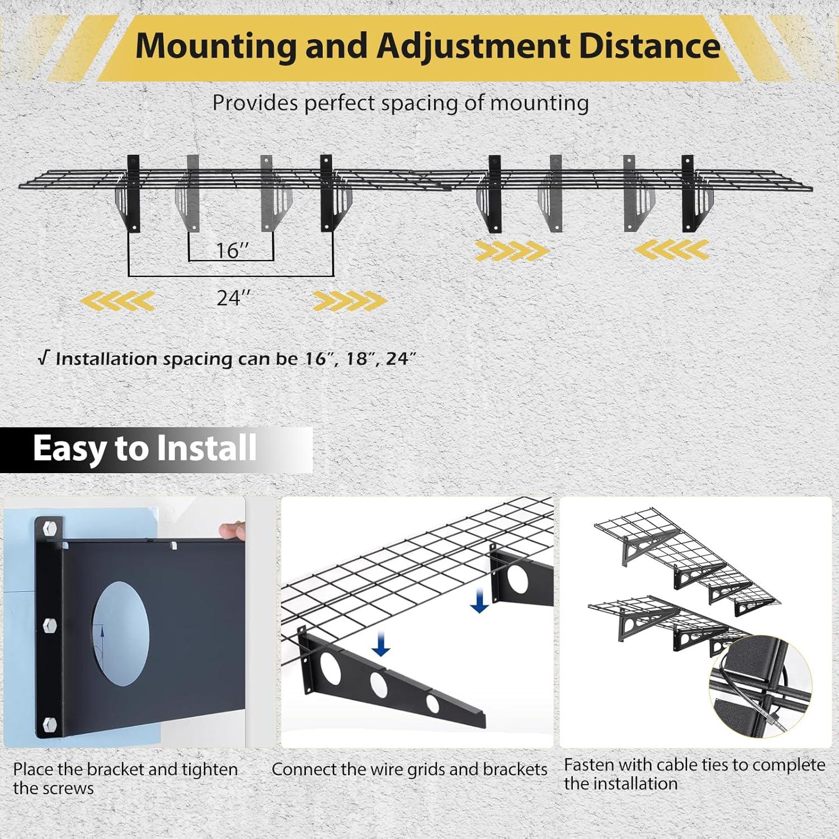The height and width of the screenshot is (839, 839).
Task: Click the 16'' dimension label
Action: click(x=232, y=251)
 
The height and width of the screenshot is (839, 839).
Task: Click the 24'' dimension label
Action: click(x=233, y=298)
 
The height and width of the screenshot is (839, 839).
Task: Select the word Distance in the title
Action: click(x=649, y=46)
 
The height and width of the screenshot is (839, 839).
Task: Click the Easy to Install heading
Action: click(x=144, y=449)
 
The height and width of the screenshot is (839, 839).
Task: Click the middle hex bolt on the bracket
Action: click(x=50, y=625)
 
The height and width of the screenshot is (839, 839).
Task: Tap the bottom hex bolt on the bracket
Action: click(x=50, y=724)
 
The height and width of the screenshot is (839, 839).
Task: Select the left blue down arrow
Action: click(x=381, y=644)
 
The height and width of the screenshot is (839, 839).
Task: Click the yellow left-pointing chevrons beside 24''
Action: click(x=118, y=301)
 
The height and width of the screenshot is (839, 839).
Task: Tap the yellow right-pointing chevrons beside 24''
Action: click(x=349, y=301)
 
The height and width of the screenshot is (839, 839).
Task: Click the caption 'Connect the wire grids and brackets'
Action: click(x=409, y=770)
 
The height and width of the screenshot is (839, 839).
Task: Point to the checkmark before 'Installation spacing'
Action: click(x=44, y=358)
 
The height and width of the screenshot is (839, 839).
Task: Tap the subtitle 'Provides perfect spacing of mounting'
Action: click(x=400, y=103)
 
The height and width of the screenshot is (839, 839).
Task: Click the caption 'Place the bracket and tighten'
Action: click(x=125, y=770)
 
